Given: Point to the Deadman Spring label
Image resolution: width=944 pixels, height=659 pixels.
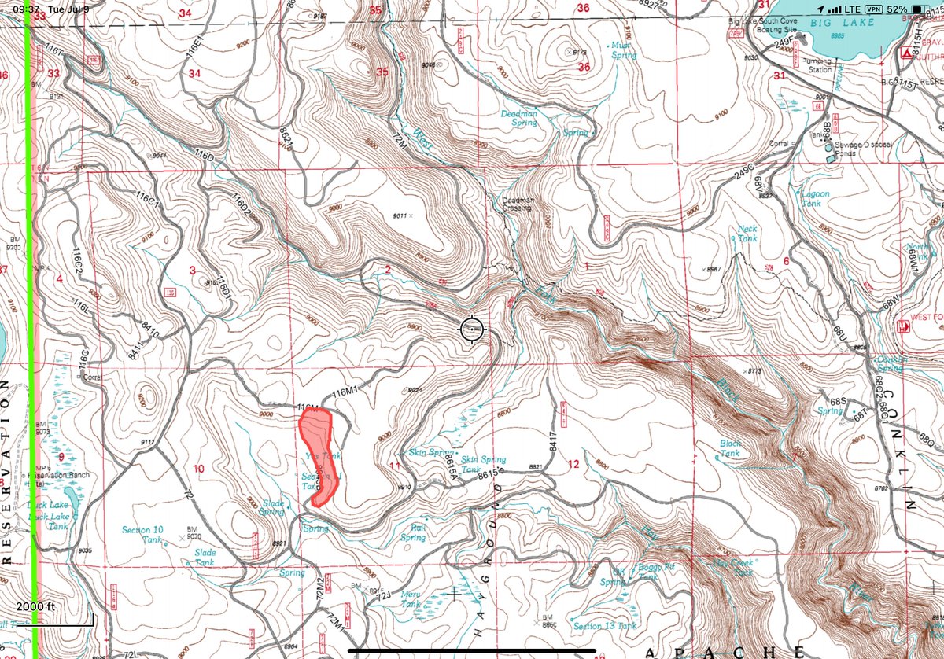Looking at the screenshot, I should [519, 118].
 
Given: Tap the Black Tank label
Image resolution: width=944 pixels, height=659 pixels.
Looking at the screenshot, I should [729, 449].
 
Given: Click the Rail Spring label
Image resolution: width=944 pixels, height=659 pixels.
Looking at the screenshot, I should [412, 533].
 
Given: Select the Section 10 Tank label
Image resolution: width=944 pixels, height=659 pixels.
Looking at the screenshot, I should [142, 534].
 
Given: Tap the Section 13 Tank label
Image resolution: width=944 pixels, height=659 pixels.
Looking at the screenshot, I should [605, 626].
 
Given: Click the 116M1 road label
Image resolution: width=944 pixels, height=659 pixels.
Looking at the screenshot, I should [346, 392].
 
